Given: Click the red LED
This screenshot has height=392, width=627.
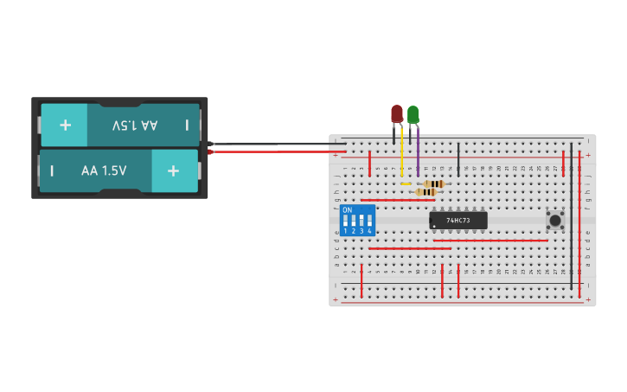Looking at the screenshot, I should coord(397,113).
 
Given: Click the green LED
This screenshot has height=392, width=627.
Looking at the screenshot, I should coord(413,113).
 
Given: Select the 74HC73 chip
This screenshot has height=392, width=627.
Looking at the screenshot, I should coord(458,221).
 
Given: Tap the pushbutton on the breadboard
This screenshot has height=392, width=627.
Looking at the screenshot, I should coord(554,220).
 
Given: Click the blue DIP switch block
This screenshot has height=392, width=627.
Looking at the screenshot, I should coord(358,221).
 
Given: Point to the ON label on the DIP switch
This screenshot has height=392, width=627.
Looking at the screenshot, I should coord(348,210).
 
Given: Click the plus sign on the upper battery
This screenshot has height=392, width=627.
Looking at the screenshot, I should coord(65,125).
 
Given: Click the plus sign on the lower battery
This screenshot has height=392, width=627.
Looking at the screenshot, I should coord(174,170).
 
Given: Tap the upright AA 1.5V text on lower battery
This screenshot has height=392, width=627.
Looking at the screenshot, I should coord(104,170).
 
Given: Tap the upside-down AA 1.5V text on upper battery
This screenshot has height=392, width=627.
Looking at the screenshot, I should coord(136,125).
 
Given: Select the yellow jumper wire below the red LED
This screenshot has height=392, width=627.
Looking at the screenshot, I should coord(401,156).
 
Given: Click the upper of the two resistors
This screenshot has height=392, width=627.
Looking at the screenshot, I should coord(434,183).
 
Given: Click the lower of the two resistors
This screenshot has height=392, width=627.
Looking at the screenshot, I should coord(425,192).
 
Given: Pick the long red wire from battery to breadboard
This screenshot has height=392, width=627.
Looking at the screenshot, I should coord(277,152).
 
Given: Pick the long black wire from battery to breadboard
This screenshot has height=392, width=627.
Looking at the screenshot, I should coord(277,144).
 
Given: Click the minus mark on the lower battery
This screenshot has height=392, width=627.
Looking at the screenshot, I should coord(52,170).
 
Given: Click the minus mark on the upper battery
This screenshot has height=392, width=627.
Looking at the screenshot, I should coord(187,125).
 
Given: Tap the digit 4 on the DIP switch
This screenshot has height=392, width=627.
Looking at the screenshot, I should coord(370,232).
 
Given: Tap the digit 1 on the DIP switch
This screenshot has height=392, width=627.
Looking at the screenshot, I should coord(346,232).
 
